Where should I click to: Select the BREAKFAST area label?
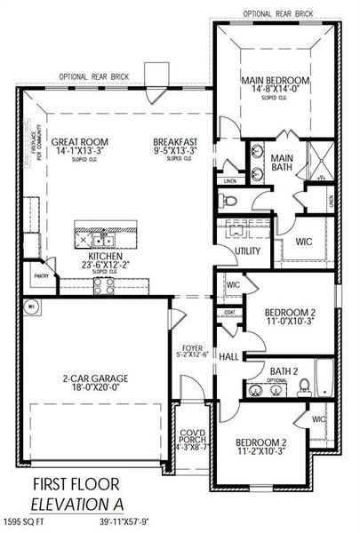click(x=174, y=139)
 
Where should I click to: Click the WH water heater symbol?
click(x=29, y=306)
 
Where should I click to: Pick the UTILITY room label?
click(x=247, y=251)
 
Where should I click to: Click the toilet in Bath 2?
click(x=304, y=384)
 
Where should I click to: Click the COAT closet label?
click(x=230, y=312)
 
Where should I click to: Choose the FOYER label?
click(x=193, y=349)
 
